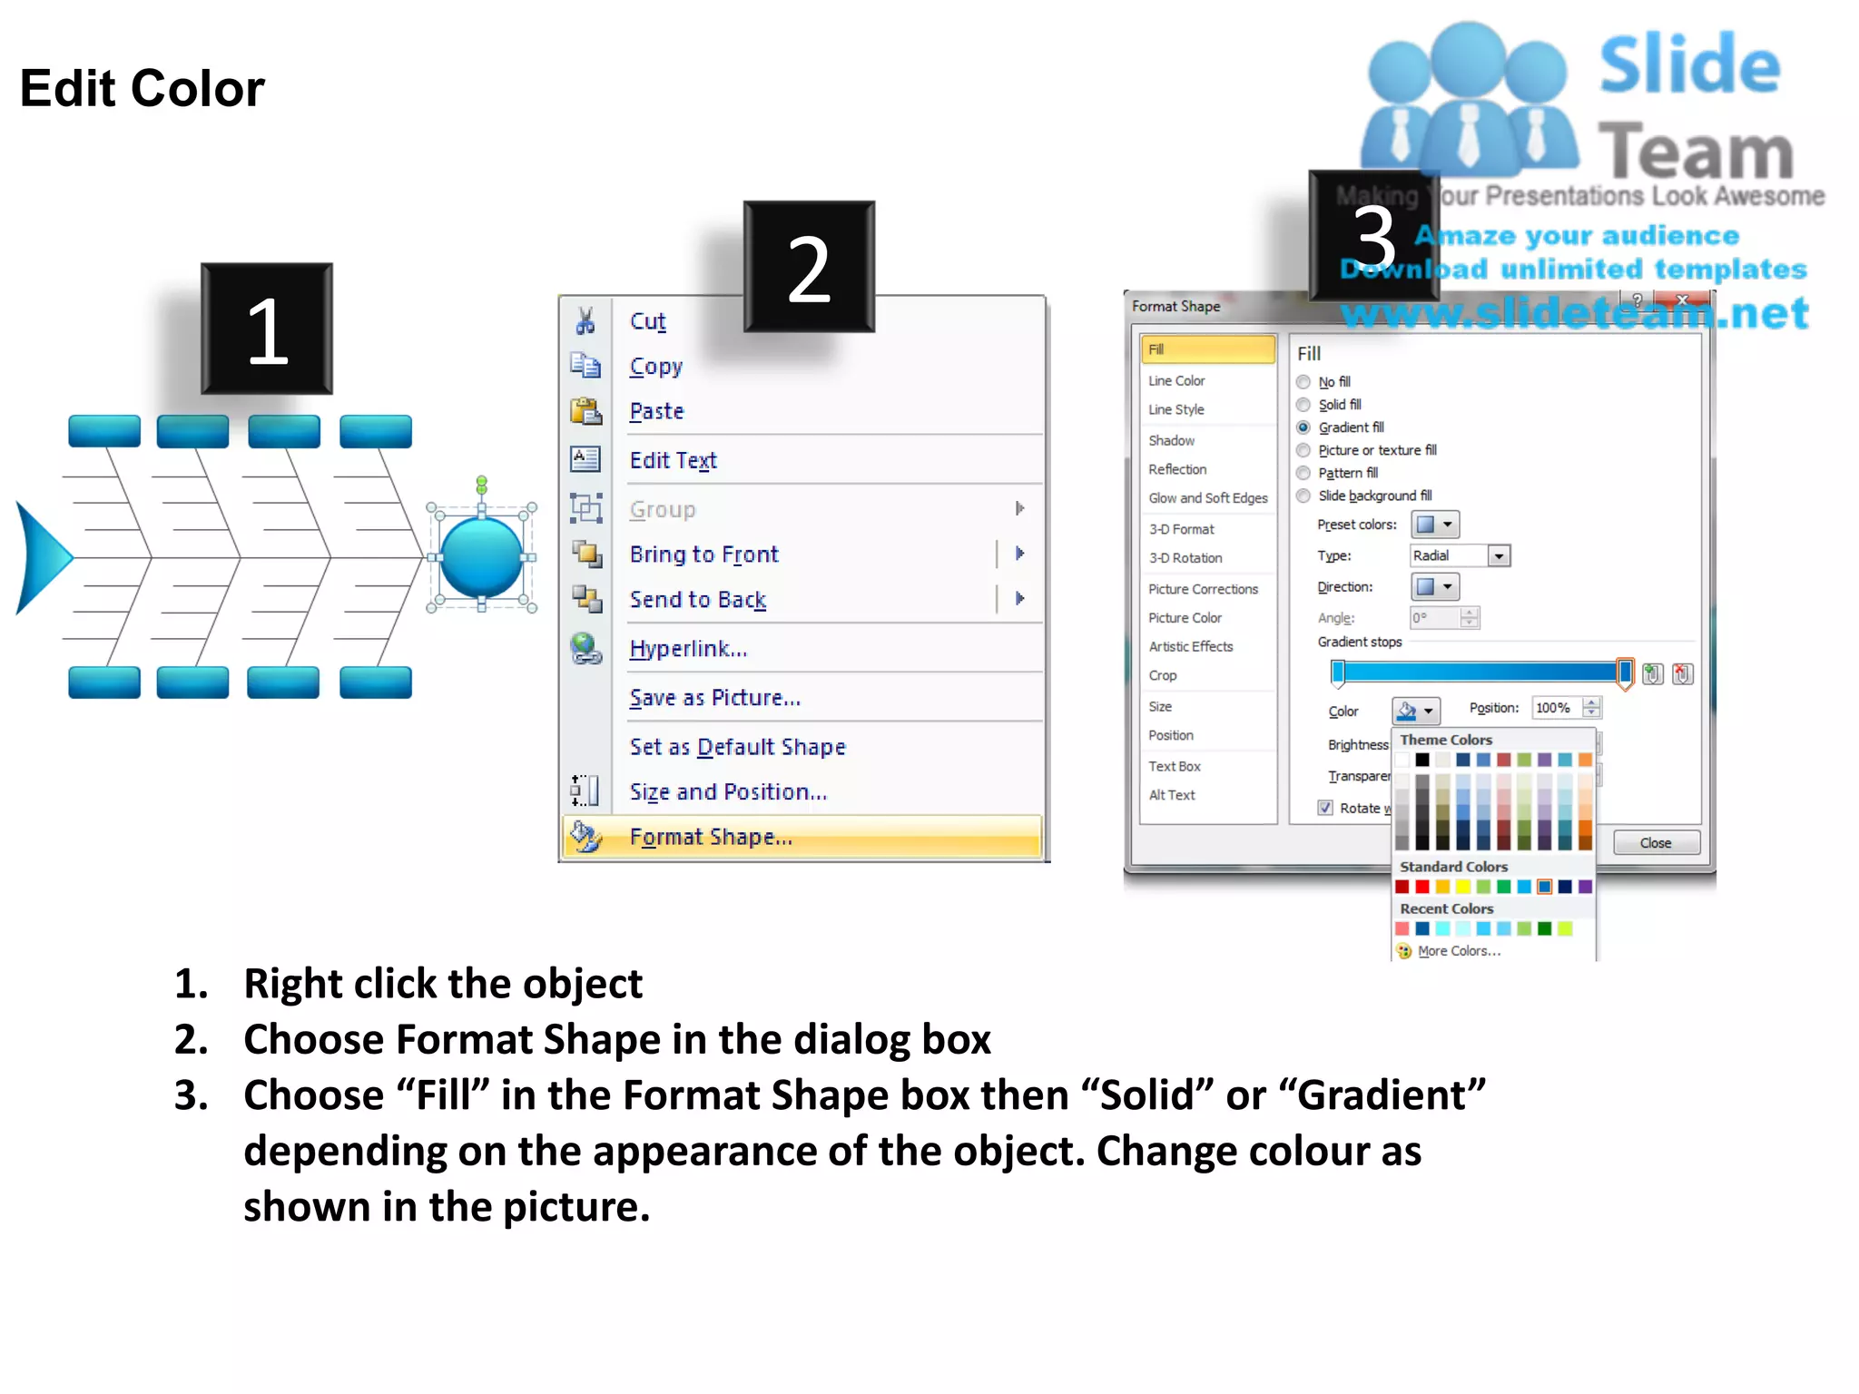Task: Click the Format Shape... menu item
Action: [x=711, y=837]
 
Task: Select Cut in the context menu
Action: [x=647, y=321]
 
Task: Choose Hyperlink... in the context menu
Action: [x=688, y=649]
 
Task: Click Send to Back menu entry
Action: [x=697, y=600]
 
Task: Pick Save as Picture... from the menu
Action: [x=714, y=698]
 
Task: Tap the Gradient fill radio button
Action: [x=1304, y=427]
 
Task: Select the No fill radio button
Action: [x=1304, y=382]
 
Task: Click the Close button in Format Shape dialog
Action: [x=1655, y=843]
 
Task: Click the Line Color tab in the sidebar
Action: [x=1176, y=381]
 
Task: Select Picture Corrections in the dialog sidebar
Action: [x=1203, y=589]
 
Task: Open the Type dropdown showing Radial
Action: [x=1499, y=556]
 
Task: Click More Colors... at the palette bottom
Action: [x=1459, y=951]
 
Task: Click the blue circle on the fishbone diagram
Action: [x=481, y=557]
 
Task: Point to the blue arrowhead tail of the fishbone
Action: [x=41, y=557]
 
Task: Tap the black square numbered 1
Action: [x=267, y=329]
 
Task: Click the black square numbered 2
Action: [x=809, y=267]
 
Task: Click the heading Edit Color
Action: [x=142, y=89]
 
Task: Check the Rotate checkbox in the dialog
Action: [x=1325, y=808]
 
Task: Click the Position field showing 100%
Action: [x=1556, y=708]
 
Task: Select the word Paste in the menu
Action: [x=656, y=411]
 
